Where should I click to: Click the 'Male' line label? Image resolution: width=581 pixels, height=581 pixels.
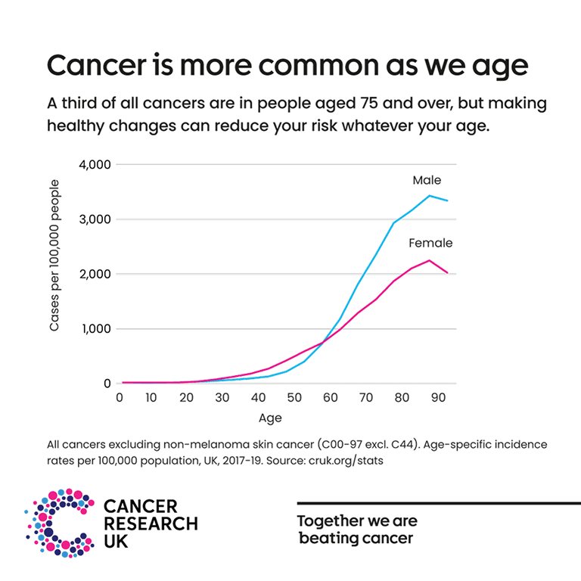[427, 181]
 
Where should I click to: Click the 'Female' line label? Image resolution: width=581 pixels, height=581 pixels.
[430, 244]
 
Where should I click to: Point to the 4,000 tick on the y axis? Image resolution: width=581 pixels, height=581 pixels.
[95, 165]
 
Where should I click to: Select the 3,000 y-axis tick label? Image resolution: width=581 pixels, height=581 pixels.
[95, 219]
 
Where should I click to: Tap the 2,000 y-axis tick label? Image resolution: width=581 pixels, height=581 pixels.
[95, 275]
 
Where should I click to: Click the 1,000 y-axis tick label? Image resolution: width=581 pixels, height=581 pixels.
[96, 329]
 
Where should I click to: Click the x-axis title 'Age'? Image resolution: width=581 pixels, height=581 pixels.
[270, 417]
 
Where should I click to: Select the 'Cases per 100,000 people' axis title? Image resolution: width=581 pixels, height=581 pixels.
[54, 255]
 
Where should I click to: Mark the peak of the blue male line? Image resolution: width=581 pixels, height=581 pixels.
[430, 196]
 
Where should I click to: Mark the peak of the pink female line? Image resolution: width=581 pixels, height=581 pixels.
[430, 260]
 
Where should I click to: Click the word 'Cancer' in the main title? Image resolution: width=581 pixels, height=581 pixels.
[95, 66]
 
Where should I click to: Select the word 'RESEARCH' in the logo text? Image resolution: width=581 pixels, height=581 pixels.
[150, 524]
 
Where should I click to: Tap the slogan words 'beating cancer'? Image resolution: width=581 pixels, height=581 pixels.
[356, 539]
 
